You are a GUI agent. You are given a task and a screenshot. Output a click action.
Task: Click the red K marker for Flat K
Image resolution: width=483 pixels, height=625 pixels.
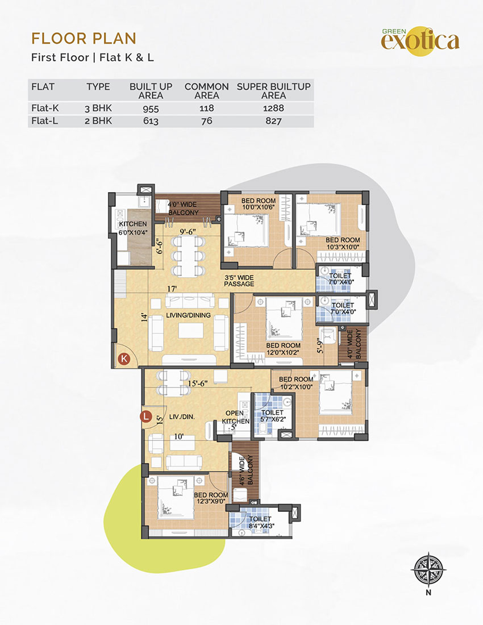click(124, 359)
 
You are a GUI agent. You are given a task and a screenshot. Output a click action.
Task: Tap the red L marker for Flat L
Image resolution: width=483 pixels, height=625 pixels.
click(146, 416)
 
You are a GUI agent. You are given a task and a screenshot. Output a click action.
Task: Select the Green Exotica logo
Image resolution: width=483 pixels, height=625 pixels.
click(420, 40)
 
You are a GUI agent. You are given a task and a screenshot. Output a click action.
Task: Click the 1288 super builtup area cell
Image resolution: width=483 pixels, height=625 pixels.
click(273, 108)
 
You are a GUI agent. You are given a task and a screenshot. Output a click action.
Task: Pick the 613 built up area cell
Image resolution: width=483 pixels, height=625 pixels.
click(151, 121)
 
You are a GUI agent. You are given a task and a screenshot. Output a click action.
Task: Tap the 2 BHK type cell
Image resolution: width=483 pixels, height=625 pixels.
click(98, 121)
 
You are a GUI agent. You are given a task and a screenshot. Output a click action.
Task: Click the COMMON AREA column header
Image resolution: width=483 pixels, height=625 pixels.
click(206, 91)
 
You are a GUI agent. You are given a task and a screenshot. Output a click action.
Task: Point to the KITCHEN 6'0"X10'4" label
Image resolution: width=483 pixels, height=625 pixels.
click(133, 228)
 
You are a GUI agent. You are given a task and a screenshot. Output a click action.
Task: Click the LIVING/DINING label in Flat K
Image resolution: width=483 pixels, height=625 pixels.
click(188, 315)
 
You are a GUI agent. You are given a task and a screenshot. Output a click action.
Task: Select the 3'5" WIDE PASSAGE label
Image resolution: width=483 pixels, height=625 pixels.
click(239, 281)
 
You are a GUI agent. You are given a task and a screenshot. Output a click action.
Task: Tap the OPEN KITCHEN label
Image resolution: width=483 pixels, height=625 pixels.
click(235, 417)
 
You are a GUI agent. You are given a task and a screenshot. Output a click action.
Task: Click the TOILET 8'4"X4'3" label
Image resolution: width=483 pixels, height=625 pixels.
click(260, 522)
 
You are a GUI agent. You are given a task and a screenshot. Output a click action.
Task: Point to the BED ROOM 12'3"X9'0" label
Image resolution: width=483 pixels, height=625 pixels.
click(211, 498)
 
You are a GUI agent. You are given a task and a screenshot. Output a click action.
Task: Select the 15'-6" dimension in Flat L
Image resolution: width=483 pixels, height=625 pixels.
click(198, 384)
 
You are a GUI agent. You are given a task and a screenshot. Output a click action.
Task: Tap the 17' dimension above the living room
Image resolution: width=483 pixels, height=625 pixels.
click(172, 288)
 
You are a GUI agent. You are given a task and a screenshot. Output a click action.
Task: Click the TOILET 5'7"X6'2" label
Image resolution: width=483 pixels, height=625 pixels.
click(272, 416)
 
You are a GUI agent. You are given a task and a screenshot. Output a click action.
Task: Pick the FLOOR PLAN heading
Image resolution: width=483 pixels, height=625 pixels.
click(84, 39)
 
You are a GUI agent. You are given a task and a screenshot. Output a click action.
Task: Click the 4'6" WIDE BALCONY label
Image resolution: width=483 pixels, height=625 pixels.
click(245, 470)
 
